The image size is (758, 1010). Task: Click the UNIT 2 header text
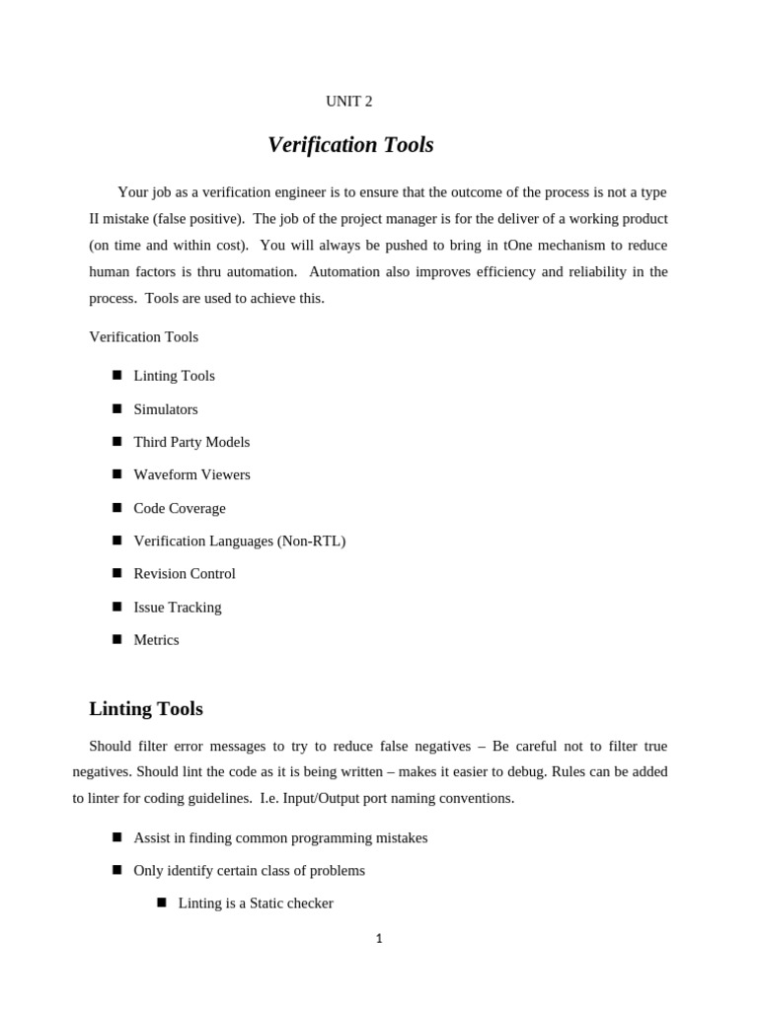[349, 101]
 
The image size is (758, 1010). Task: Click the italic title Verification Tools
[350, 145]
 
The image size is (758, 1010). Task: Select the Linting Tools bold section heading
[146, 708]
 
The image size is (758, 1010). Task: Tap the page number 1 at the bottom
[379, 939]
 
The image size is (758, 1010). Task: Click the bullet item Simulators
[166, 409]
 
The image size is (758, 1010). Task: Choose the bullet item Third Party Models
[191, 442]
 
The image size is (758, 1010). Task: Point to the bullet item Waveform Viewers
[191, 474]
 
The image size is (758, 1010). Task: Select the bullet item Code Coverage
[180, 508]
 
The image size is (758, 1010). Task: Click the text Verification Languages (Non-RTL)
[240, 541]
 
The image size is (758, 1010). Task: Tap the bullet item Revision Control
[185, 573]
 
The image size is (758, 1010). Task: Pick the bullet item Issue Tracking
[178, 607]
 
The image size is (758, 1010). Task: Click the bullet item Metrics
[156, 639]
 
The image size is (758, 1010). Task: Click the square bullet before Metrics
[116, 638]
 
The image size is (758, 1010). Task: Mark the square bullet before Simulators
[116, 407]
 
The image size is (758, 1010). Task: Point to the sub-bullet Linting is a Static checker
[256, 902]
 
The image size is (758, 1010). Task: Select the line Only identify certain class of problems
[249, 870]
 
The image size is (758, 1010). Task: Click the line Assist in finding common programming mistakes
[280, 837]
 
